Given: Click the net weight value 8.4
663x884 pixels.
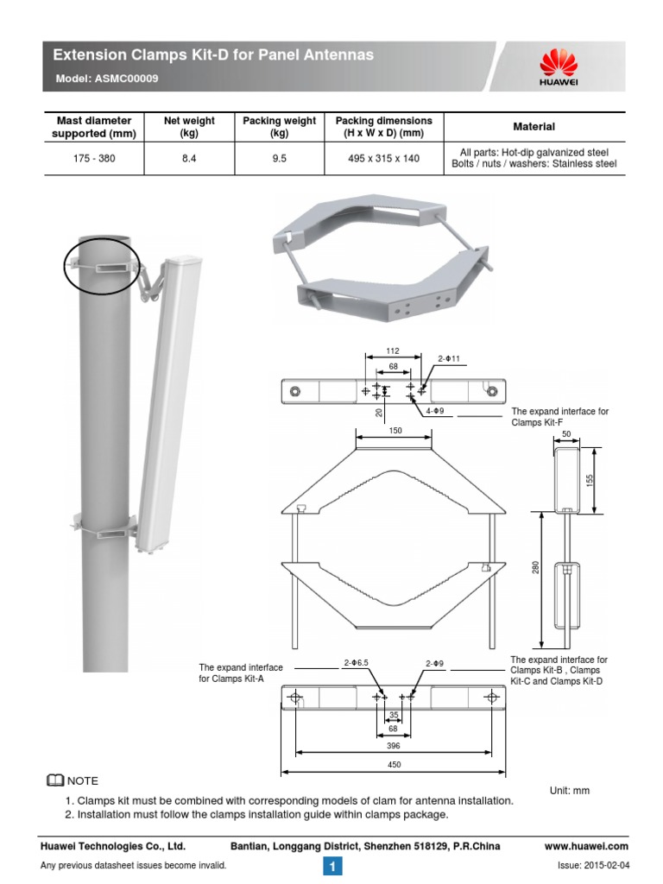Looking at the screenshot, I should click(x=189, y=159).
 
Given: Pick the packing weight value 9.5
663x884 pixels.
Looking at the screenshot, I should click(x=279, y=159).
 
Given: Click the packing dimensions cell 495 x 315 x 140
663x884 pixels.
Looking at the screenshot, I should click(x=384, y=159).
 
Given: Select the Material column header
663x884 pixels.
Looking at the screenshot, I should click(x=534, y=127).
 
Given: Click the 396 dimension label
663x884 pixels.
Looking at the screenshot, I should click(x=393, y=744).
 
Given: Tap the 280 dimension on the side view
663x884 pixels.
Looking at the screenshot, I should click(x=535, y=566).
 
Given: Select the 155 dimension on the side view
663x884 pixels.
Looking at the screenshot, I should click(x=591, y=478).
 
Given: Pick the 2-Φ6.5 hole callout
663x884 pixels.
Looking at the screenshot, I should click(x=355, y=663).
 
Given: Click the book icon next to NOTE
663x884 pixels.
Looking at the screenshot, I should click(x=54, y=781).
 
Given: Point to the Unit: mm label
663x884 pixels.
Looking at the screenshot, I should click(x=569, y=790).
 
